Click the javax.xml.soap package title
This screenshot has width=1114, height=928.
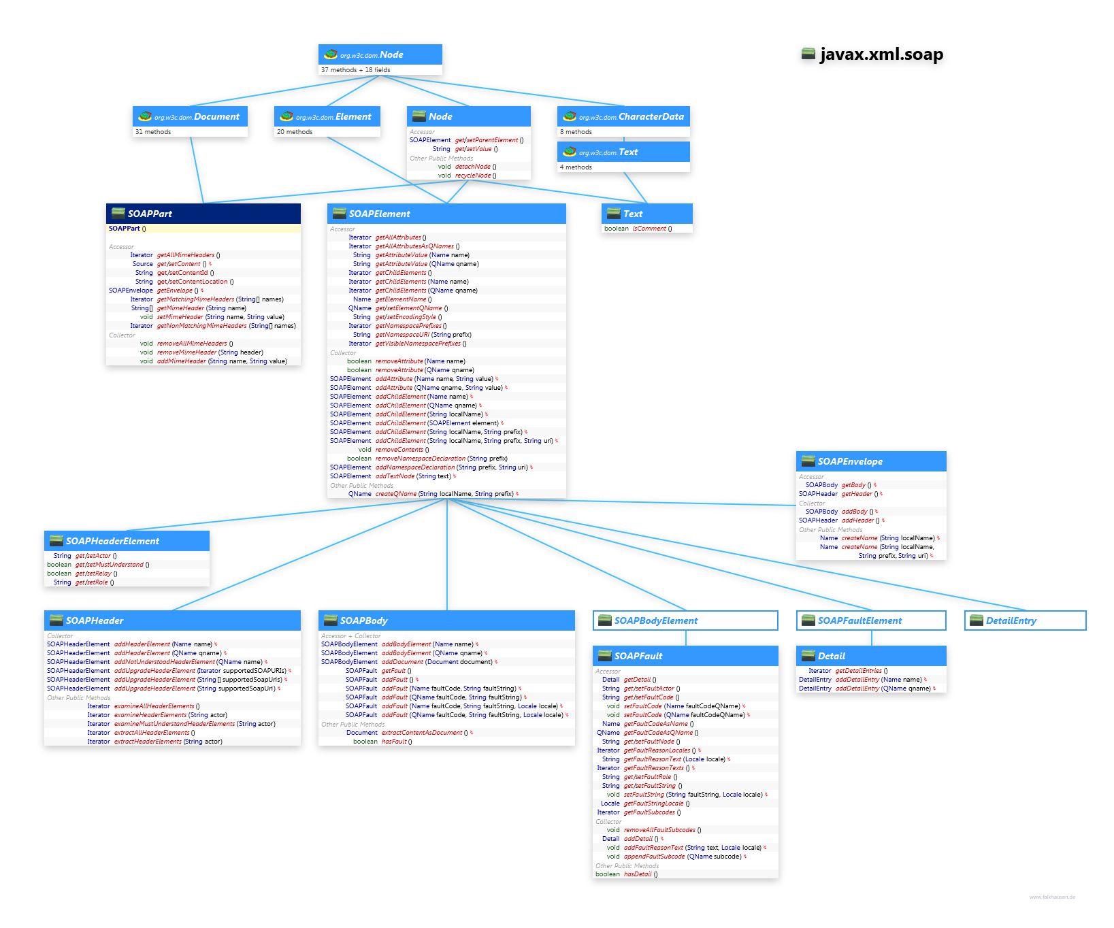[881, 54]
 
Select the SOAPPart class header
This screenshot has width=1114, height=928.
[150, 214]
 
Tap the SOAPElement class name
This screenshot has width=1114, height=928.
[379, 214]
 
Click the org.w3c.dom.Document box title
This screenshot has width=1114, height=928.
[216, 117]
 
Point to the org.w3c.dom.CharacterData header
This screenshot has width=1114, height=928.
[651, 117]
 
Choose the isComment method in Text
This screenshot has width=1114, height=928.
[649, 229]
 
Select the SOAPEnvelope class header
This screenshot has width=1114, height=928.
[850, 461]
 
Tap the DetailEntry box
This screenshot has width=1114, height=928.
[1011, 620]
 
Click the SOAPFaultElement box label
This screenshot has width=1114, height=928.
[859, 620]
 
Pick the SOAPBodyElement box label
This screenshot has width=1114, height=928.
[656, 620]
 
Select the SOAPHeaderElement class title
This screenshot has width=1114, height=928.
[112, 541]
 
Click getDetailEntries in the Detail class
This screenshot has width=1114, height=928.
[858, 671]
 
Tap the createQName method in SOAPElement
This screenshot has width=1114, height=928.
[395, 494]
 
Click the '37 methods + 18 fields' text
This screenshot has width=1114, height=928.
[355, 70]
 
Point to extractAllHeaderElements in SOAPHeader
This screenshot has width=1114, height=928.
[151, 733]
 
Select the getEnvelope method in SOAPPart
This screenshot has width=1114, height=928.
[174, 291]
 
